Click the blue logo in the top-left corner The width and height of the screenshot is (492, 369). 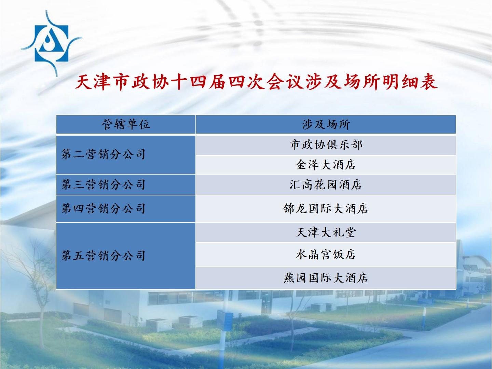tap(51, 43)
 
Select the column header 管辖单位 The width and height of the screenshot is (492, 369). tap(126, 124)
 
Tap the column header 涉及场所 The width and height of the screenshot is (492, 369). tap(326, 124)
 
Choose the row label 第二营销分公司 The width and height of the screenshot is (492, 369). tap(103, 154)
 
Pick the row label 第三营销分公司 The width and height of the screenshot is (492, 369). tap(103, 184)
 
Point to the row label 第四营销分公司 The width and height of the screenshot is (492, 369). tap(103, 208)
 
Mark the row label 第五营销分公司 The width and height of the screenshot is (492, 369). tap(103, 256)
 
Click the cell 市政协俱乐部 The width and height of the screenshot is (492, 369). tap(326, 145)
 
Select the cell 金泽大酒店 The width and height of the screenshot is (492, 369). tap(326, 165)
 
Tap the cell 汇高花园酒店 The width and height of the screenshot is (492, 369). tap(326, 184)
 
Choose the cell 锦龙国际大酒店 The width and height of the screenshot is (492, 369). tap(326, 208)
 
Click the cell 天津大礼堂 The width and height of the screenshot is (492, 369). tap(326, 232)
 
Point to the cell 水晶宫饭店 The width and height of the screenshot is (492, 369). tap(326, 255)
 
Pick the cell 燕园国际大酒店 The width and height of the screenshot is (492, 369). tap(326, 278)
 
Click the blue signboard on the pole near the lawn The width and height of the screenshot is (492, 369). tap(225, 320)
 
